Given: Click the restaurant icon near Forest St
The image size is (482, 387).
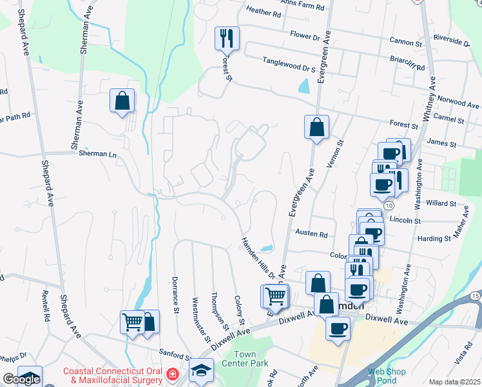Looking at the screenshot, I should pyautogui.click(x=227, y=38).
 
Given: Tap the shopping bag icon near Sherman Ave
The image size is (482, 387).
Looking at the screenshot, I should pyautogui.click(x=122, y=101).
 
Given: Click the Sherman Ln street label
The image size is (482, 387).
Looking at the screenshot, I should pyautogui.click(x=97, y=154).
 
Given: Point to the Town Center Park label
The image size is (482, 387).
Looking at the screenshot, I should pyautogui.click(x=250, y=359).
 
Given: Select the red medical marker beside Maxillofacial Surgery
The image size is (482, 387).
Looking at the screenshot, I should pyautogui.click(x=172, y=374).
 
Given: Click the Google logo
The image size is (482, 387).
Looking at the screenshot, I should pyautogui.click(x=21, y=379).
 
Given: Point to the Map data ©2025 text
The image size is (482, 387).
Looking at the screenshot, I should pyautogui.click(x=454, y=382).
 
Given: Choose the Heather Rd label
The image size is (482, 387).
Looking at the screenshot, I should pyautogui.click(x=264, y=12).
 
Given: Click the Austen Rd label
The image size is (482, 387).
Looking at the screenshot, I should pyautogui.click(x=311, y=233).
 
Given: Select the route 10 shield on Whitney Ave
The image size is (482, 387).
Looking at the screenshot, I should pyautogui.click(x=389, y=204).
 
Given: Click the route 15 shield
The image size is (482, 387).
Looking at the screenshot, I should pyautogui.click(x=475, y=296).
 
